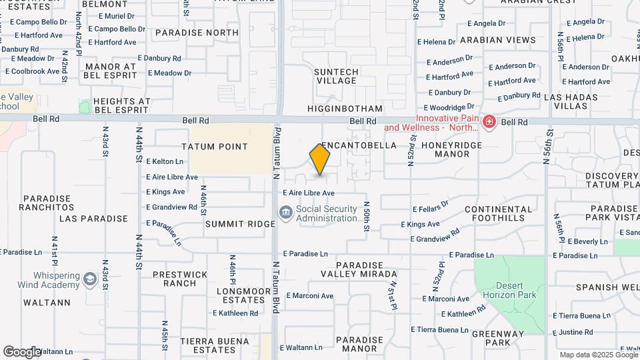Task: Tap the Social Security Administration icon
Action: pos(286,213)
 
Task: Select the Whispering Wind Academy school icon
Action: pos(91,279)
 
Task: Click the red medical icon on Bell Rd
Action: pos(489,122)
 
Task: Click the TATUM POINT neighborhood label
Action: pos(215,147)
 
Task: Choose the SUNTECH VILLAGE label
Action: pos(337,76)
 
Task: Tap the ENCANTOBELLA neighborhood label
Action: pos(359,145)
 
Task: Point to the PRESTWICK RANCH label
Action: pos(175,279)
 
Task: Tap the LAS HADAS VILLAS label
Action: pos(575,101)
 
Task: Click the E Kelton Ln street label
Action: pos(165,161)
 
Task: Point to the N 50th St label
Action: pos(366,217)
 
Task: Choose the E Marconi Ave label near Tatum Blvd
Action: pos(309,296)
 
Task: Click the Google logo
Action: pos(22,352)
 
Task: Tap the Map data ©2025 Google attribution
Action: pos(598,355)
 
